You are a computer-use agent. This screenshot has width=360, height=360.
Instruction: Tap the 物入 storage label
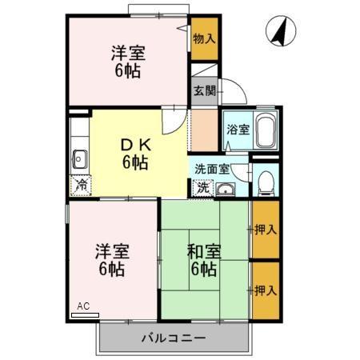point(205,37)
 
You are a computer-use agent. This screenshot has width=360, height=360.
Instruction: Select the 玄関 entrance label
point(204,90)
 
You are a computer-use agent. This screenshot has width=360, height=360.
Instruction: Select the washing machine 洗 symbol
point(203,189)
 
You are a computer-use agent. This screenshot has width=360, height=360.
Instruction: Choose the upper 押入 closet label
point(266,230)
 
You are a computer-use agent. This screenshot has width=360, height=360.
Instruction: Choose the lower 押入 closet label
point(266,289)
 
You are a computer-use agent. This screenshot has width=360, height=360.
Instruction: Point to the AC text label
point(83,306)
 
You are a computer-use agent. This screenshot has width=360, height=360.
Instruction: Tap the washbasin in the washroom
point(225,190)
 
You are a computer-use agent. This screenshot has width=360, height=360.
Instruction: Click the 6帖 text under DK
point(134,163)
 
